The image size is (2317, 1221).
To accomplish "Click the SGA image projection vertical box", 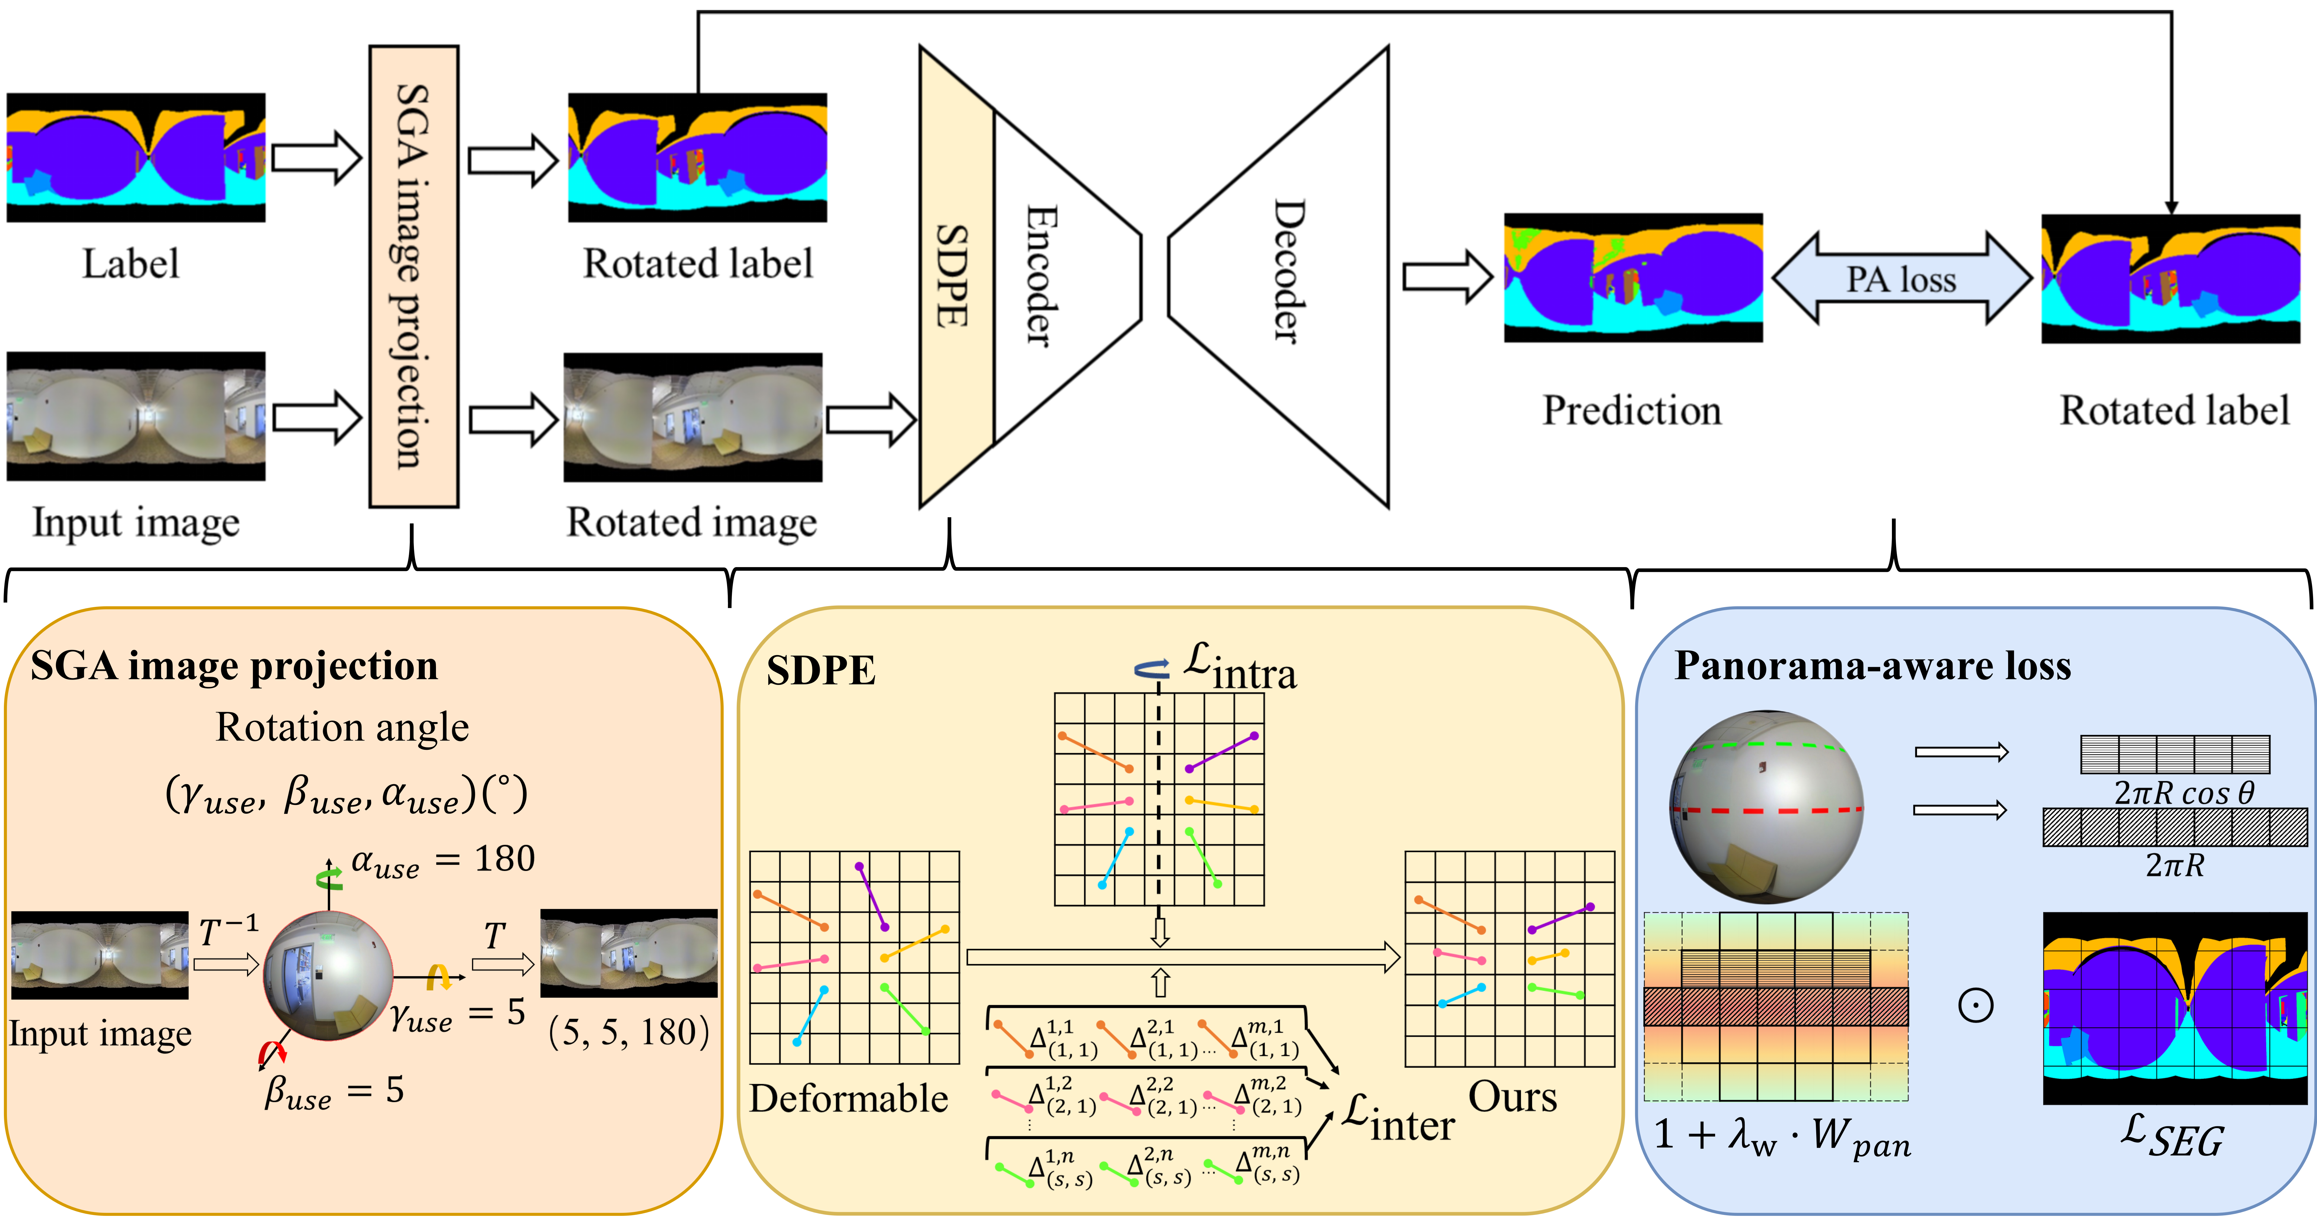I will tap(414, 277).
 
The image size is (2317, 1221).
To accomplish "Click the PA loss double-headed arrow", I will tap(1902, 279).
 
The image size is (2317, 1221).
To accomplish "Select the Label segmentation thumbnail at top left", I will tap(136, 157).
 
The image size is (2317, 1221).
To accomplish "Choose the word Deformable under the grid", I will tap(848, 1099).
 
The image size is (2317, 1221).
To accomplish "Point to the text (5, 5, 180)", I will tap(629, 1032).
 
